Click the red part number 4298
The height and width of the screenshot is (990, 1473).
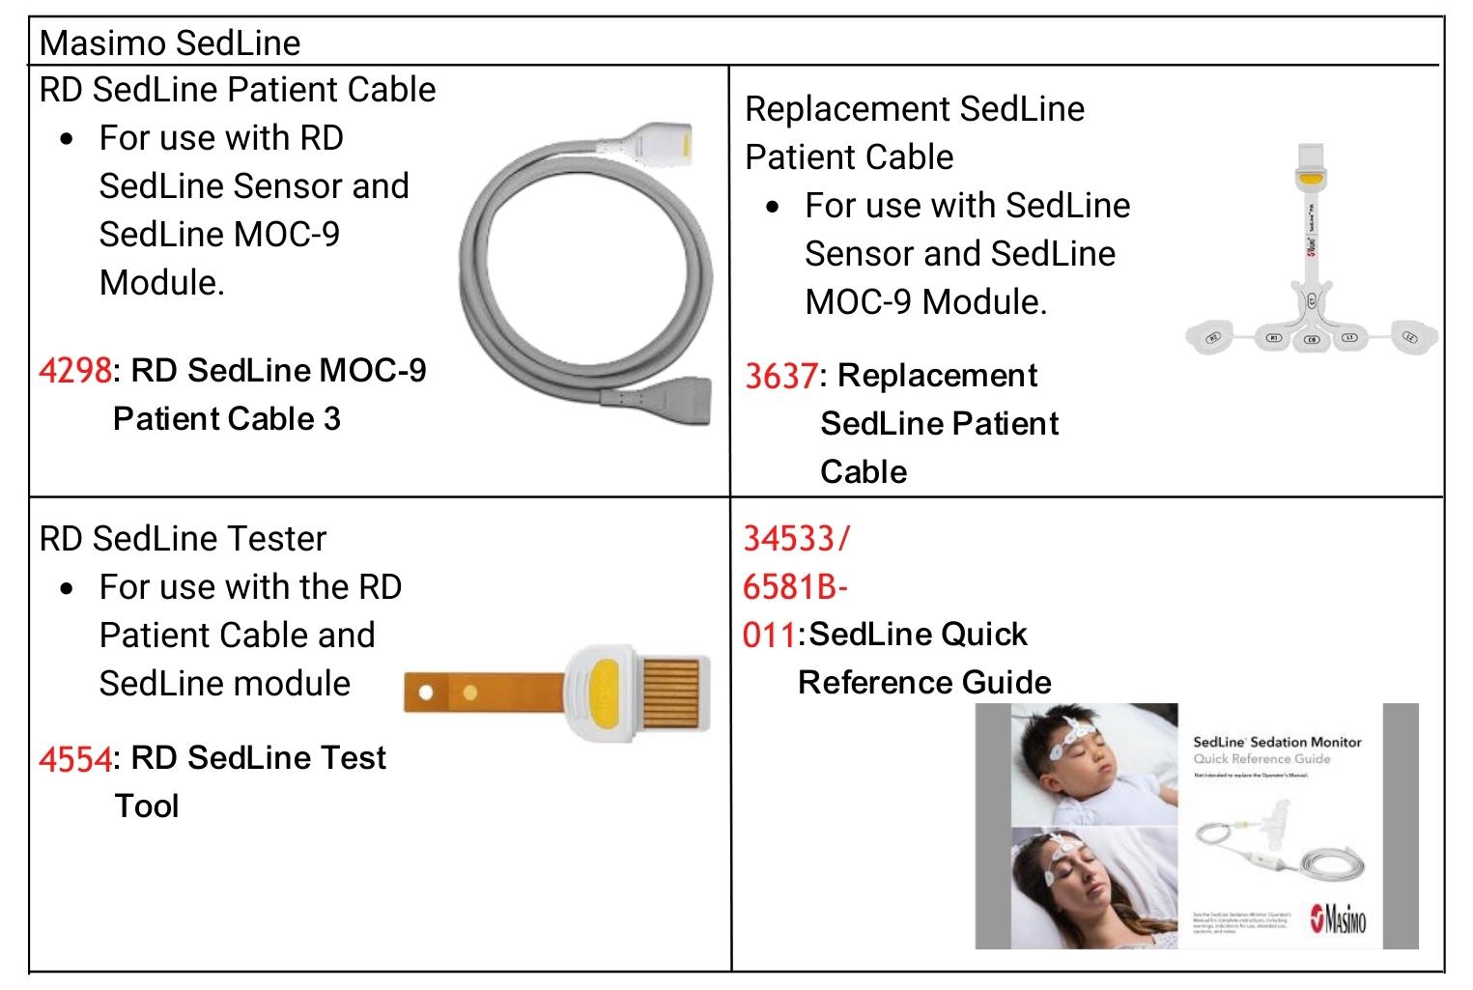coord(75,371)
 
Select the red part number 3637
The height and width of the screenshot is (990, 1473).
coord(780,376)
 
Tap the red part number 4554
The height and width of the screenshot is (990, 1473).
coord(75,759)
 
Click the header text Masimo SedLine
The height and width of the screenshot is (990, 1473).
coord(170,42)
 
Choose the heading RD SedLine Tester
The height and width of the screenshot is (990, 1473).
coord(183,538)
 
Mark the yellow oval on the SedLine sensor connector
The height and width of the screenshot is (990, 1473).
coord(1311,179)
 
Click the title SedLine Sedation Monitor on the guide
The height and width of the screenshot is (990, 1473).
coord(1277,742)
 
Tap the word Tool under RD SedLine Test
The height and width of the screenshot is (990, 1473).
coord(147,806)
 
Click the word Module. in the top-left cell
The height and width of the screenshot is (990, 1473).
coord(161,283)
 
